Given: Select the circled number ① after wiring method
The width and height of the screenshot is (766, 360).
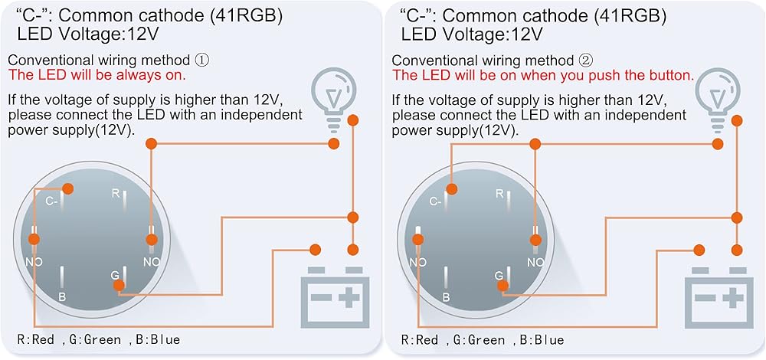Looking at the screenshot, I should tap(202, 61).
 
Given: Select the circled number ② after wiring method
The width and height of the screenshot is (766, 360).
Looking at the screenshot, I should tap(586, 61).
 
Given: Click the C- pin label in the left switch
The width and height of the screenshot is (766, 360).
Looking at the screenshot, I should tap(51, 200).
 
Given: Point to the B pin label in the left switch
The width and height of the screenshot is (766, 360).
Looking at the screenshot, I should tap(62, 296).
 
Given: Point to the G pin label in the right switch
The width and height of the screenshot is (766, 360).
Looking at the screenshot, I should tap(498, 274).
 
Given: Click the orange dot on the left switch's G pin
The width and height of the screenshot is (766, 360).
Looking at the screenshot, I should tap(119, 286).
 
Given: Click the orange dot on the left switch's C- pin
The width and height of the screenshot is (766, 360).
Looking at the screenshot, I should tap(68, 189).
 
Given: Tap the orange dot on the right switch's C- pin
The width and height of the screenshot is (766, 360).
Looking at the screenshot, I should tap(452, 189).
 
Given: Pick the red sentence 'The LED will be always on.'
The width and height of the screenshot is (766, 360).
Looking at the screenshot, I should tap(97, 75).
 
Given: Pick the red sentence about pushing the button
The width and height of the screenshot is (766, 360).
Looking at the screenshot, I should tap(543, 75).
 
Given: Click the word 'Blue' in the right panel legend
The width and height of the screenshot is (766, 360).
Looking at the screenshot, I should tap(548, 339).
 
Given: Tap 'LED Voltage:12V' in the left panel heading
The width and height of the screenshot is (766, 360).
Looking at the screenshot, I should tap(87, 34).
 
